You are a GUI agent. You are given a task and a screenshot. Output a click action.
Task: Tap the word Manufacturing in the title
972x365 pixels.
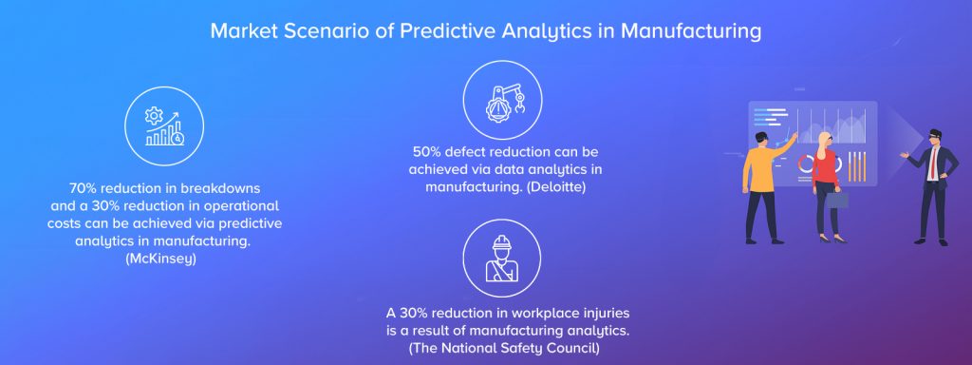(x=691, y=30)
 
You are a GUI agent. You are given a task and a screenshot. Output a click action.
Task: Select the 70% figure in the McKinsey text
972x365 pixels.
(x=84, y=187)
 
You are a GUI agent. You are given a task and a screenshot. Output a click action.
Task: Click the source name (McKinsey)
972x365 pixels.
(x=160, y=259)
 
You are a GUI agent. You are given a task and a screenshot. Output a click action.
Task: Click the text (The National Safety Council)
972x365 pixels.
(x=504, y=348)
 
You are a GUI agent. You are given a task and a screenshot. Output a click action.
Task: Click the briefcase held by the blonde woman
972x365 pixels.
(x=837, y=200)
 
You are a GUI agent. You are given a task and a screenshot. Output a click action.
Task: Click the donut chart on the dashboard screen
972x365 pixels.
(x=806, y=163)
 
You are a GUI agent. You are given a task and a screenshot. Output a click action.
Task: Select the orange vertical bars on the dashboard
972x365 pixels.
(x=857, y=166)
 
